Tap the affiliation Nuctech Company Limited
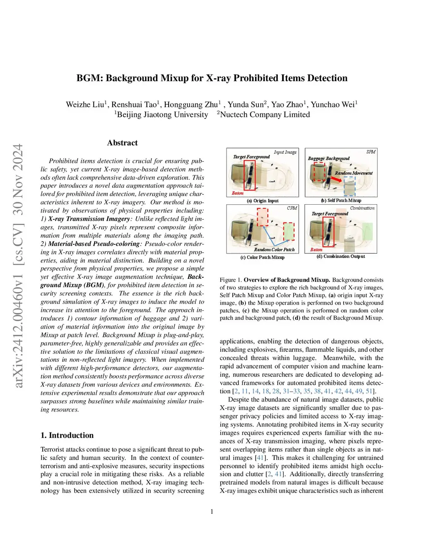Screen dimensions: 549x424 click(x=265, y=115)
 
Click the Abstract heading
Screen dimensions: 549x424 click(x=122, y=143)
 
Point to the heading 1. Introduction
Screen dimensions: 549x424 click(x=67, y=435)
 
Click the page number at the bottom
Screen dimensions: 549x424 click(x=212, y=512)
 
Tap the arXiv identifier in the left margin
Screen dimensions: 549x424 click(x=18, y=265)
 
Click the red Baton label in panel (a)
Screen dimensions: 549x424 click(x=238, y=193)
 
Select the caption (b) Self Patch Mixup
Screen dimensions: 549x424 click(x=341, y=201)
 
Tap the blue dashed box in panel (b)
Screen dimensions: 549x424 click(x=349, y=186)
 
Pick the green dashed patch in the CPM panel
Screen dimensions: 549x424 click(x=289, y=231)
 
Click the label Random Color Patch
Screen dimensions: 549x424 click(x=274, y=250)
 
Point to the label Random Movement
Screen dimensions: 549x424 click(x=354, y=173)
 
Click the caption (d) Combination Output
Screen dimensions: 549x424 click(x=341, y=256)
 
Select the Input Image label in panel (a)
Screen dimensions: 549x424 click(x=285, y=152)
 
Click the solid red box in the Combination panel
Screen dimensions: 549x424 click(x=328, y=231)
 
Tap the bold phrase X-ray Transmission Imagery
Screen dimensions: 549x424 click(x=89, y=219)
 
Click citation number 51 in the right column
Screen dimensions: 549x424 click(x=369, y=391)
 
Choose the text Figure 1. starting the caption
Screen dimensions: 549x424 click(x=231, y=280)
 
